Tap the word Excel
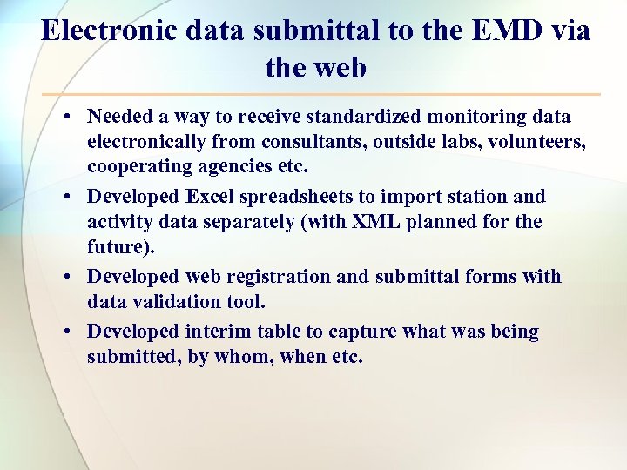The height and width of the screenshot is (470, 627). tap(212, 197)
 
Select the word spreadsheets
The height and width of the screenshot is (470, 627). tap(299, 197)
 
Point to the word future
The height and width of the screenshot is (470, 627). tap(118, 246)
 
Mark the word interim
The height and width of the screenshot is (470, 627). tap(218, 332)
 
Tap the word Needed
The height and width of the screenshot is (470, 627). tap(118, 117)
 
